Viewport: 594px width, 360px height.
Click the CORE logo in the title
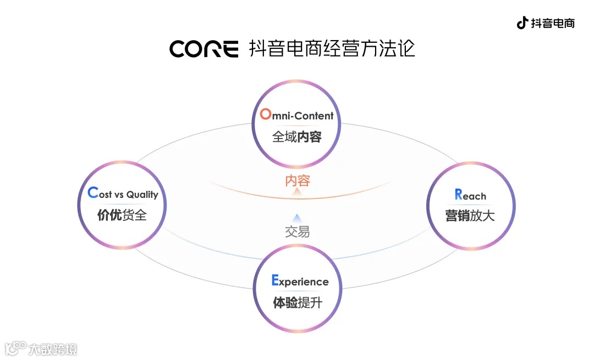(204, 49)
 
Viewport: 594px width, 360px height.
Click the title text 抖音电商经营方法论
(332, 48)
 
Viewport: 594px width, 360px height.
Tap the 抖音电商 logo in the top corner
(545, 23)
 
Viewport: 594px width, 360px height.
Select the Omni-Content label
(297, 115)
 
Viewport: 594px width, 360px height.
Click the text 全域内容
(297, 137)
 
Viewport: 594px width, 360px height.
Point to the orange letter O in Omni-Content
(266, 114)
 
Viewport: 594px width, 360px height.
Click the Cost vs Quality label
(123, 193)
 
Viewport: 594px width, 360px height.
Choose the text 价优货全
(122, 215)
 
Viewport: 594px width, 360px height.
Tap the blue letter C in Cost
(92, 193)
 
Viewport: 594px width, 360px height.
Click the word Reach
(470, 195)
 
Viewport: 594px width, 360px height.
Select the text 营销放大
(470, 215)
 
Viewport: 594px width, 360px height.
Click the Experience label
(300, 281)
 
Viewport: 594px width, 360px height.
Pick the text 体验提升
(298, 302)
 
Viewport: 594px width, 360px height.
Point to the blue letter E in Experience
(275, 281)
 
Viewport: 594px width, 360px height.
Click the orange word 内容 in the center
(298, 180)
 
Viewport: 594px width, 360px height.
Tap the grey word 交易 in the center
(298, 231)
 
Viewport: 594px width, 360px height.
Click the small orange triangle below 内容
(297, 192)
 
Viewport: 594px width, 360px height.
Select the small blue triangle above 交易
(297, 218)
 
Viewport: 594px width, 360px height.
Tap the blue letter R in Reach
(458, 194)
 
